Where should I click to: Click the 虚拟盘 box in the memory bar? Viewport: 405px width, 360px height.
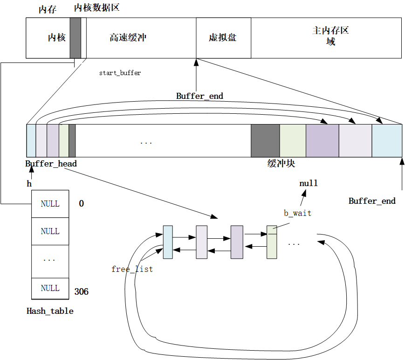coord(223,38)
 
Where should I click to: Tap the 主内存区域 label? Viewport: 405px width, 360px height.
coord(330,36)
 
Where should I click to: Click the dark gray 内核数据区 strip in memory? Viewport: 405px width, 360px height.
coord(76,38)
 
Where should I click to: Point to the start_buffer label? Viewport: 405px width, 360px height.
coord(120,73)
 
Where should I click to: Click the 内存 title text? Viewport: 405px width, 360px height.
coord(47,10)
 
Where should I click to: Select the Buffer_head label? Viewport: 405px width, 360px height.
coord(51,164)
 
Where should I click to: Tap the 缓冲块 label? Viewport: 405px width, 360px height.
coord(281,164)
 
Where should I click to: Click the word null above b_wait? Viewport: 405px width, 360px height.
coord(308,183)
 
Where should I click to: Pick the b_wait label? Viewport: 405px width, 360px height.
coord(297,213)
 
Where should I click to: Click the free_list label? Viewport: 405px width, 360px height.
coord(132,269)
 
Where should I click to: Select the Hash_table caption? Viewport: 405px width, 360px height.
coord(50,311)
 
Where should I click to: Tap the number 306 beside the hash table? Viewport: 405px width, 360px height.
coord(81,292)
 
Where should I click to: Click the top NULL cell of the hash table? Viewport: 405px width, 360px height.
coord(50,204)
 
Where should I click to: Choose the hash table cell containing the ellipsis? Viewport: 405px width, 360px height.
coord(50,259)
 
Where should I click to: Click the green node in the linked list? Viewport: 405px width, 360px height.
coord(272,242)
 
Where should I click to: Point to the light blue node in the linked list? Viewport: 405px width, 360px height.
coord(168,242)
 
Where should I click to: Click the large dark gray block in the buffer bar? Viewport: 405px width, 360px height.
coord(265,141)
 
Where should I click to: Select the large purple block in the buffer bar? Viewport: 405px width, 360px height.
coord(322,141)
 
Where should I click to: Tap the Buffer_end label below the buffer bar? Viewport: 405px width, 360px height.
coord(372,201)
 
